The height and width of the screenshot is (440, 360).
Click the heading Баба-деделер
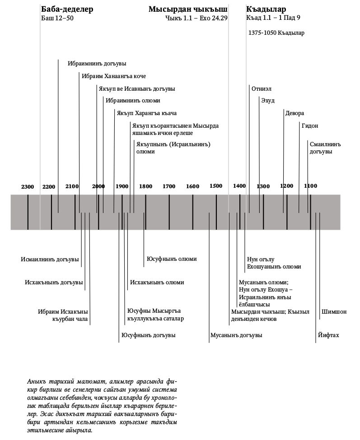tap(67, 9)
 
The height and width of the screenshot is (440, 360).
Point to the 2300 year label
tap(28, 186)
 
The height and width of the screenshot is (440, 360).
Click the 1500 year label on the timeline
tap(216, 186)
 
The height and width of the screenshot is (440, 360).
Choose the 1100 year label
tap(310, 186)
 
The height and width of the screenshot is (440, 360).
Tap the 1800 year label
tap(145, 186)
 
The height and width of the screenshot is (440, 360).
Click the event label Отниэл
tap(262, 88)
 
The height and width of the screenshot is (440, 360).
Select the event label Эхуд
tap(267, 100)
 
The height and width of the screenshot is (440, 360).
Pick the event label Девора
tap(295, 113)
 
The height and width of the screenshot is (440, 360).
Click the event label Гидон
tap(310, 126)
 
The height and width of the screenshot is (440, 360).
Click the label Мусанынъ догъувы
tap(236, 335)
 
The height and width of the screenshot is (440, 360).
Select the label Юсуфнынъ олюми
tap(172, 259)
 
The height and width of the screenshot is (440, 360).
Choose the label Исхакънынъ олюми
tap(157, 283)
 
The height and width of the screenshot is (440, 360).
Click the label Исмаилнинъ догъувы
tap(50, 259)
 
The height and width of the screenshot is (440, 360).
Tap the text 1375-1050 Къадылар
tap(276, 33)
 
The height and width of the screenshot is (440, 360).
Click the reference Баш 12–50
tap(57, 19)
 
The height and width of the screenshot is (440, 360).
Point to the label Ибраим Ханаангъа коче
tap(114, 76)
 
